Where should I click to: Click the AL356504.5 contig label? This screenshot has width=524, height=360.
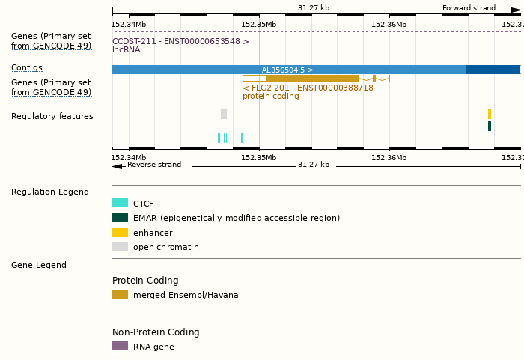(287, 70)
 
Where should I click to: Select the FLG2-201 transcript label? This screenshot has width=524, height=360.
(308, 88)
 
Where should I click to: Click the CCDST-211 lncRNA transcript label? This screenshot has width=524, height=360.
(180, 41)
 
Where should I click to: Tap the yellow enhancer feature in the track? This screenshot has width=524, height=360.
(490, 114)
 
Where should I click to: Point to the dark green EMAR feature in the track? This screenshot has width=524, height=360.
(490, 126)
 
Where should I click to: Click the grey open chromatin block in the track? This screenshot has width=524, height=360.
(224, 114)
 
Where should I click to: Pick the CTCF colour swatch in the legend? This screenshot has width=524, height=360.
(120, 203)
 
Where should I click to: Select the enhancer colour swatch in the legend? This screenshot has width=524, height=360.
(120, 232)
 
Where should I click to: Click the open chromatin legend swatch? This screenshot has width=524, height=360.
(120, 246)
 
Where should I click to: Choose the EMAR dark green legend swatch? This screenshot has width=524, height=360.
(120, 217)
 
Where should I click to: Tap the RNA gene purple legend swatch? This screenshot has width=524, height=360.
(120, 346)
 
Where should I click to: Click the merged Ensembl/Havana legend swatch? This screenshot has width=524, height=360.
(120, 294)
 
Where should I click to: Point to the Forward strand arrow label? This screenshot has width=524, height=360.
(469, 8)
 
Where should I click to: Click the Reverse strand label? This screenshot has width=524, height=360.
(153, 165)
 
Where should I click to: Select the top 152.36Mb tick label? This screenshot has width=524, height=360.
(389, 25)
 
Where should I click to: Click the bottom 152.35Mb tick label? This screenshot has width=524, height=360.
(259, 157)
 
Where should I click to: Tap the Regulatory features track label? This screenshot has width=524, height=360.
(52, 116)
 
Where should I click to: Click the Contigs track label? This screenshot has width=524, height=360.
(27, 67)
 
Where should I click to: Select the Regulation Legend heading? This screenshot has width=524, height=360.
(50, 192)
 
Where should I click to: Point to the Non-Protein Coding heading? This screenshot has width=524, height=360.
(156, 332)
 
